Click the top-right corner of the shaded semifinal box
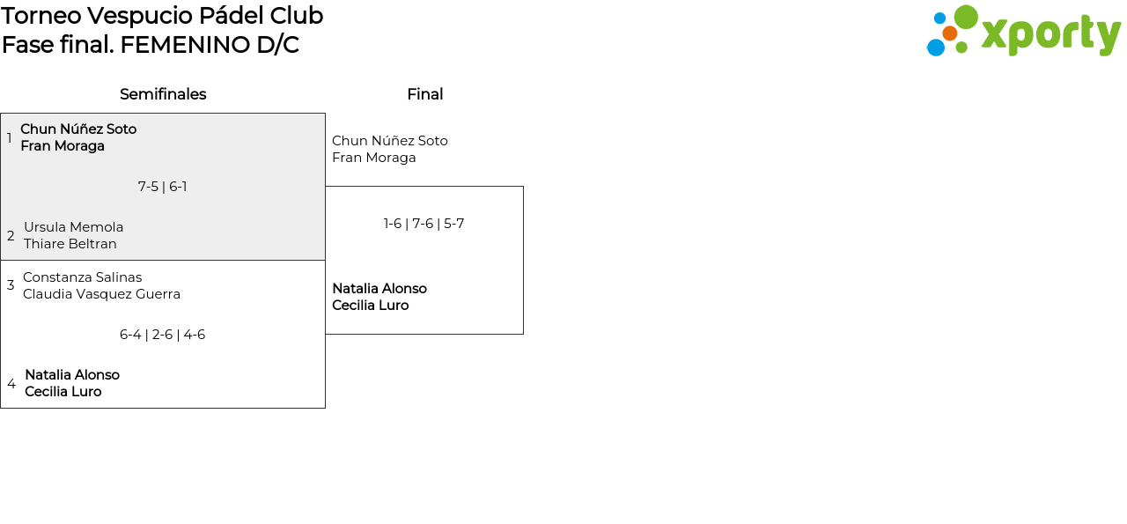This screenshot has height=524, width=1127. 325,114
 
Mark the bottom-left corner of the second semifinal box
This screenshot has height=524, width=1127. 1,408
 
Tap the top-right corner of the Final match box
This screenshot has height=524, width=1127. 523,186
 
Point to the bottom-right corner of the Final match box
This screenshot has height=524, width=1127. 523,334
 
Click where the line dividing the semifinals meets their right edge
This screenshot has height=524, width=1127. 325,260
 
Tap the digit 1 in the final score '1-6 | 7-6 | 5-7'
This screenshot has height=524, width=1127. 386,224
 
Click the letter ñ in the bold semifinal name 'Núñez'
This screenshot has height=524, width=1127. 92,129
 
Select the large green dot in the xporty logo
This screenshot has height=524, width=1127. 966,17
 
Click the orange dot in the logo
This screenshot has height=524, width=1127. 949,33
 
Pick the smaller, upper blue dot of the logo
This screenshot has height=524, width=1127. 939,18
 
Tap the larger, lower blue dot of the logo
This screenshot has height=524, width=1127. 936,48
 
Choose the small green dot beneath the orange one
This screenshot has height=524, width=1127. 961,48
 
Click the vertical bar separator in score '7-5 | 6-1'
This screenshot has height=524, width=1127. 164,188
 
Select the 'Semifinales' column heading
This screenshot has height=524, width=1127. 163,94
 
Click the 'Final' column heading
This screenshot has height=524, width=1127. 425,94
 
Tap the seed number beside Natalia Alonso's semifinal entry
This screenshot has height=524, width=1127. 11,384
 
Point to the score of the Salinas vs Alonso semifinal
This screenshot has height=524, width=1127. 163,335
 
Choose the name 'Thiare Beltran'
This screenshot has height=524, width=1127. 70,244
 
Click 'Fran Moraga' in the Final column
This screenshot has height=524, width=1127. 374,158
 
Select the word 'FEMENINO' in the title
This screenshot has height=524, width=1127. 186,45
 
